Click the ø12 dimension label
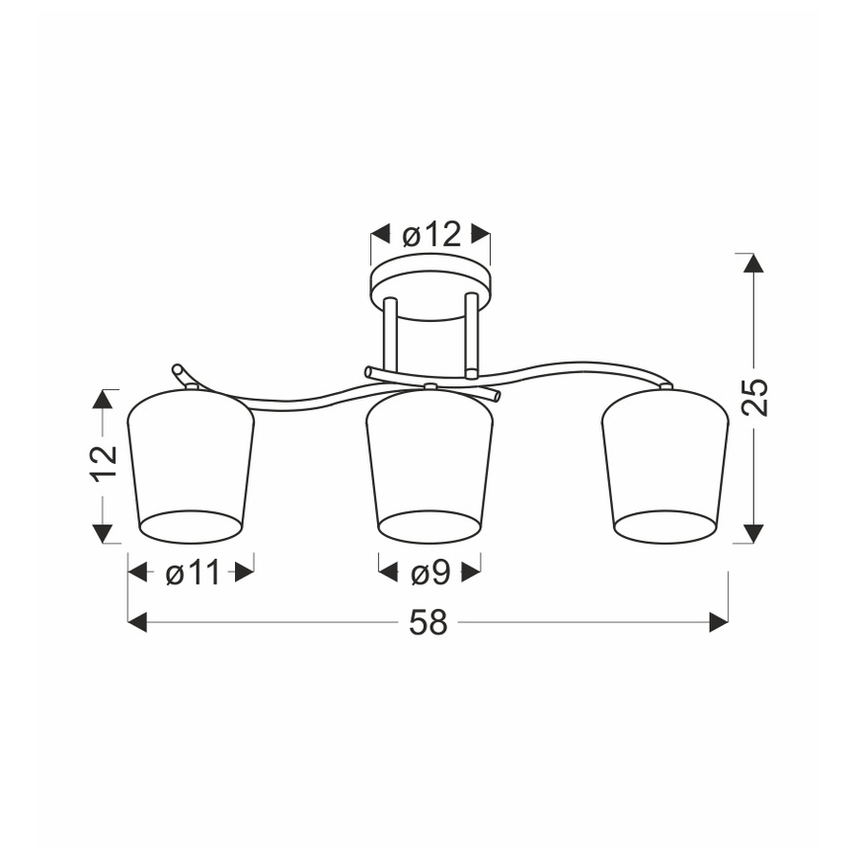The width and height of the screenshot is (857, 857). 431,236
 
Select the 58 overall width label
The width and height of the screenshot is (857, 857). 428,623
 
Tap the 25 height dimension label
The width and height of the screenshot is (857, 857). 754,397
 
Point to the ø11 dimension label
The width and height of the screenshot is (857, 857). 192,573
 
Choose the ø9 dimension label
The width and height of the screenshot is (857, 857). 430,574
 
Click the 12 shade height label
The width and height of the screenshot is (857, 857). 104,463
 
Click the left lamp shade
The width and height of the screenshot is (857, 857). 191,467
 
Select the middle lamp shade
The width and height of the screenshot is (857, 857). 429,467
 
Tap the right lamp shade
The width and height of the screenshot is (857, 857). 665,467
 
